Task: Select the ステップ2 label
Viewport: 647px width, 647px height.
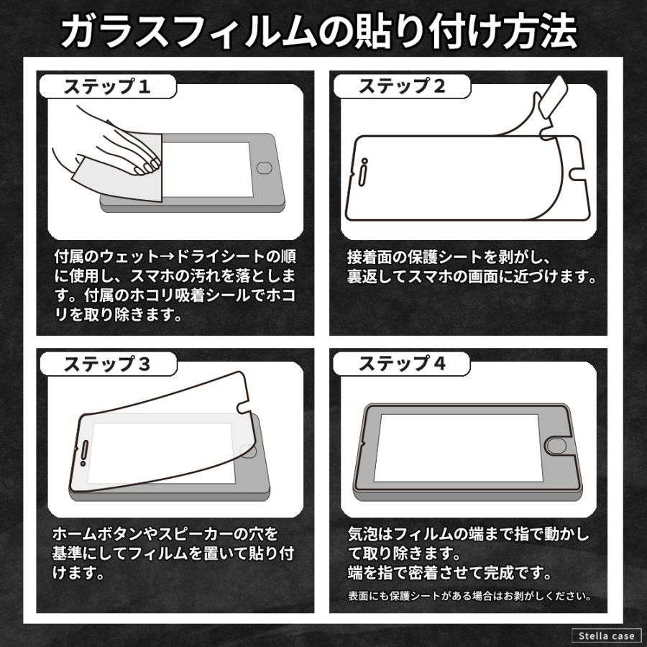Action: click(402, 87)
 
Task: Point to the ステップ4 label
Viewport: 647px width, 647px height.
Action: click(402, 364)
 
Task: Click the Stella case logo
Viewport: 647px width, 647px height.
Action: click(606, 635)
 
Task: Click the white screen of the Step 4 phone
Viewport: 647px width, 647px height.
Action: click(456, 446)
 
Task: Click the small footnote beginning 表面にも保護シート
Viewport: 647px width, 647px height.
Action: click(469, 596)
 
